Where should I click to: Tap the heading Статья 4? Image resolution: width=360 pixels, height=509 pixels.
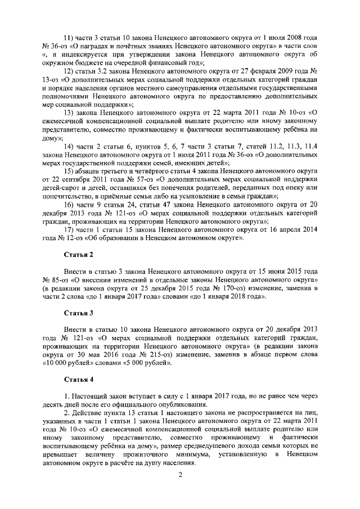click(x=78, y=379)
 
